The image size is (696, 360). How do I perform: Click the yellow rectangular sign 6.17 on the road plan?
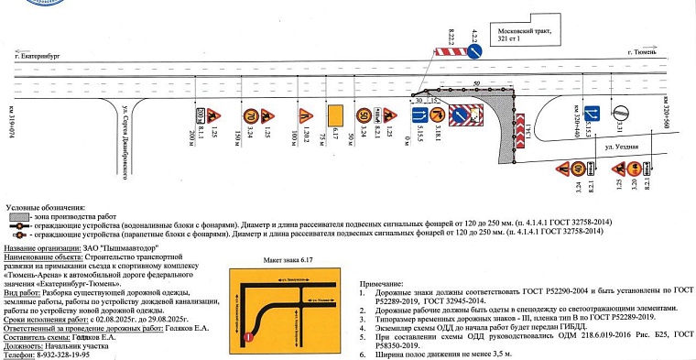coord(335,115)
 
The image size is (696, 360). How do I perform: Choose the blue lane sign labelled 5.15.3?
coord(593,114)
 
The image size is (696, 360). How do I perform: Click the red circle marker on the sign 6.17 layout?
coord(248,339)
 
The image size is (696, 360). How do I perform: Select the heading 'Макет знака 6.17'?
coord(289,259)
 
